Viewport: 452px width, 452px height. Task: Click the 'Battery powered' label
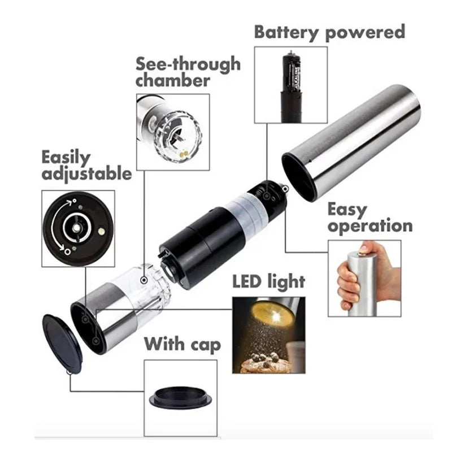coord(329,32)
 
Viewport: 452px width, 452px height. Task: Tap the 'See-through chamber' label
coord(188,72)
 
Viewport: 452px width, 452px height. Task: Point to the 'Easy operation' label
coord(370,218)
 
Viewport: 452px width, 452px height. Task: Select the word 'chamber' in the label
coord(172,80)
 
